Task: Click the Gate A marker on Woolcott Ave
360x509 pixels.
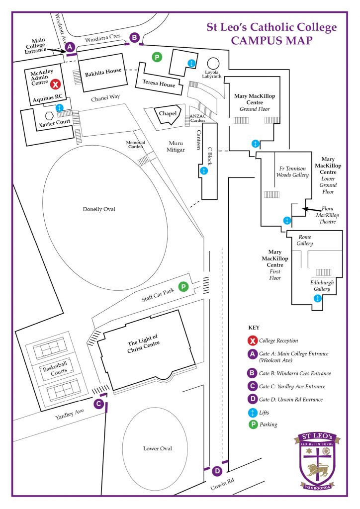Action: click(x=70, y=47)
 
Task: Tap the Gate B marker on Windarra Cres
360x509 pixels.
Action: click(x=134, y=37)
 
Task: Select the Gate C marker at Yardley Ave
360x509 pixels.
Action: click(x=99, y=404)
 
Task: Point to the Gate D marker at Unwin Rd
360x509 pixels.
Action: click(x=217, y=471)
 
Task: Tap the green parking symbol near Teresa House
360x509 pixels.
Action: click(x=157, y=58)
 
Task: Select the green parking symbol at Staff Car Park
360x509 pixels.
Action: click(x=183, y=287)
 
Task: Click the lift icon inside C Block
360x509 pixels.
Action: click(x=203, y=171)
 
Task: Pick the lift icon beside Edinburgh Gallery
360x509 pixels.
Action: click(x=317, y=298)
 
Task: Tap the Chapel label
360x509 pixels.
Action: click(x=168, y=114)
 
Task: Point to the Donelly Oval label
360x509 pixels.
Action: click(x=99, y=209)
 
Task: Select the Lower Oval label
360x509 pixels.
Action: click(x=158, y=448)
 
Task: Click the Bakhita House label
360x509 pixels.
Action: click(x=103, y=71)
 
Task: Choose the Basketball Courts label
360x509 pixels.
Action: click(x=54, y=370)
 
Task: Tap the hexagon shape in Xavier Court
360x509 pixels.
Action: click(x=35, y=115)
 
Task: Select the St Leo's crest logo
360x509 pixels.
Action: click(x=316, y=460)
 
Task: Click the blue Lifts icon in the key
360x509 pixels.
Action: click(x=253, y=412)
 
